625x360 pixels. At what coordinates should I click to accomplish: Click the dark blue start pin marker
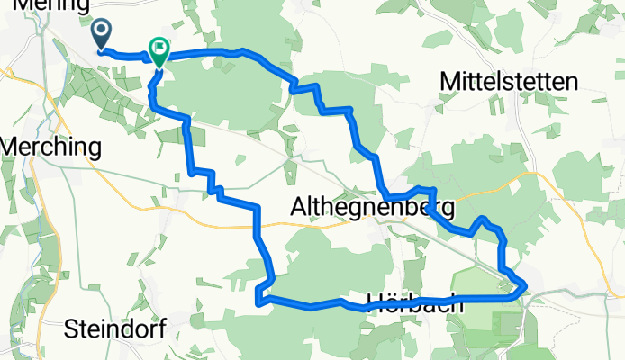101,35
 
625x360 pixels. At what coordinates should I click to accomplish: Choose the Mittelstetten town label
509,83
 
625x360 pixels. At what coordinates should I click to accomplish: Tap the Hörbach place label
415,303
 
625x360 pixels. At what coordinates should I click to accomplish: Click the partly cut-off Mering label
40,5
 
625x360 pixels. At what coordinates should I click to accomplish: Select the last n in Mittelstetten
570,83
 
